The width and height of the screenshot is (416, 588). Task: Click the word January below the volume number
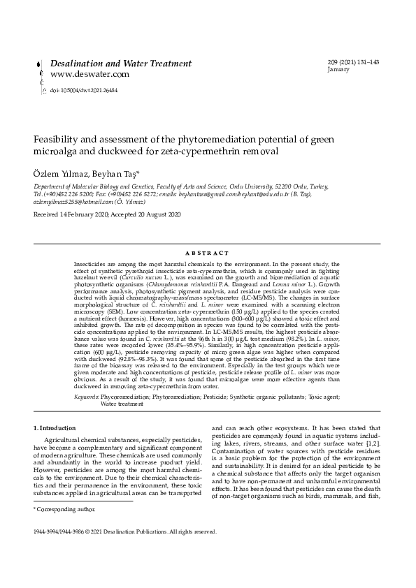tap(338, 71)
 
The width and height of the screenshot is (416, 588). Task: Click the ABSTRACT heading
tap(207, 253)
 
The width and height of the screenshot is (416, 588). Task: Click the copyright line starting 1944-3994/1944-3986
tap(126, 531)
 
